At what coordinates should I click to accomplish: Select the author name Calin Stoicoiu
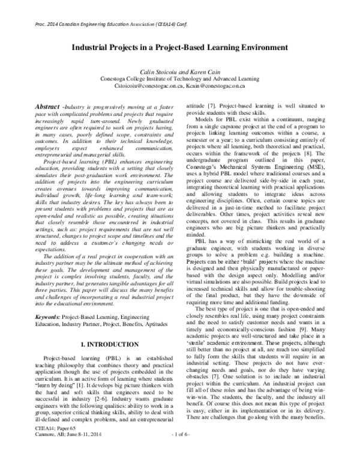[157, 71]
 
